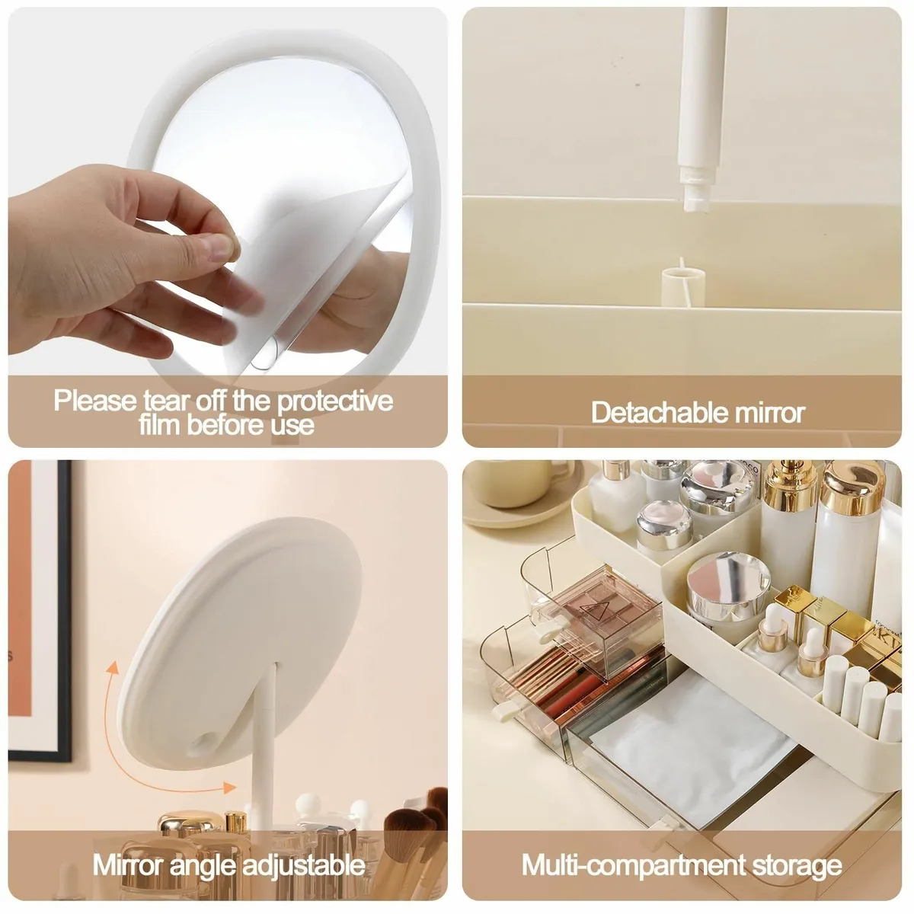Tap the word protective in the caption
[x=335, y=401]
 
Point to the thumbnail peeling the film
[x=221, y=248]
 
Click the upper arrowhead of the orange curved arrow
[x=113, y=668]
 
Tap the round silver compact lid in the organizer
[x=728, y=581]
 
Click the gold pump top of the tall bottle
[x=790, y=484]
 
